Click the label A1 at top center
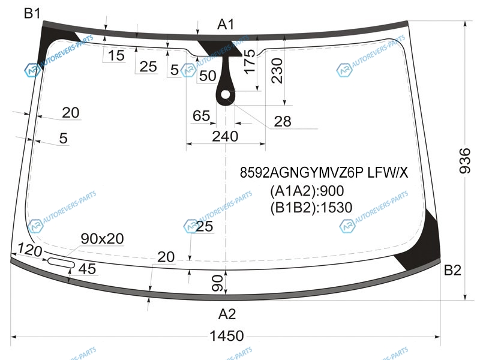[x=226, y=25]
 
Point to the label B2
[x=452, y=271]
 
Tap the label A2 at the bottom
[x=227, y=313]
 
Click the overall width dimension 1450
[x=227, y=335]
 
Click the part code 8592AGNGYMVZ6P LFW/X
[x=323, y=173]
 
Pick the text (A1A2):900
[x=306, y=191]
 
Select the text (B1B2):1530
[x=310, y=208]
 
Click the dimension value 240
[x=225, y=136]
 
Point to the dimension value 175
[x=250, y=62]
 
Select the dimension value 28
[x=282, y=122]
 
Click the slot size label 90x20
[x=102, y=239]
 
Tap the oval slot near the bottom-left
[x=59, y=262]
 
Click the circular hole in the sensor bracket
[x=226, y=95]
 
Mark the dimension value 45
[x=87, y=269]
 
